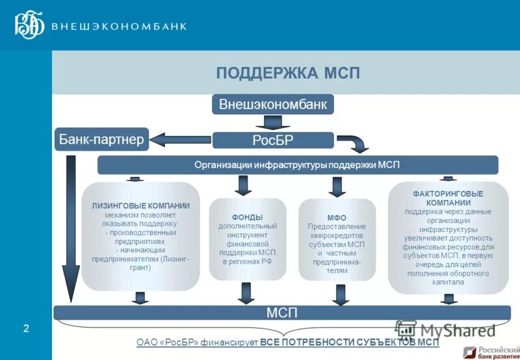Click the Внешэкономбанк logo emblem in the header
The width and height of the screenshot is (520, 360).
click(29, 25)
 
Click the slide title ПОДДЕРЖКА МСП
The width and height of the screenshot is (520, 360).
click(288, 73)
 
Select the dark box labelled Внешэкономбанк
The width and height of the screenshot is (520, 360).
click(273, 104)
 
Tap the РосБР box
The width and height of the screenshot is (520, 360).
click(273, 140)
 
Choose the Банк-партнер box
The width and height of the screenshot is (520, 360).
click(101, 139)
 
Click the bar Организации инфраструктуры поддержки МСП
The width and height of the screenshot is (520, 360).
click(297, 165)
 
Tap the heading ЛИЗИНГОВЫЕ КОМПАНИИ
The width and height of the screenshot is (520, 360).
click(140, 206)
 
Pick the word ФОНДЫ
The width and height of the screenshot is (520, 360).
click(247, 217)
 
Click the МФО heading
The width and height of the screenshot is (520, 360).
click(337, 218)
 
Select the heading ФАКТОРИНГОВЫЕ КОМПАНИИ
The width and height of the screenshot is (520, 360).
click(448, 198)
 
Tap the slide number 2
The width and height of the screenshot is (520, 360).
click(26, 329)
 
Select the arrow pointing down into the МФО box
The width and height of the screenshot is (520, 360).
click(337, 187)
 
